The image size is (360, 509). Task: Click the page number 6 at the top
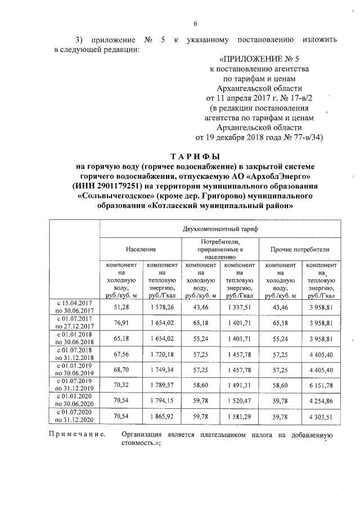coord(195,24)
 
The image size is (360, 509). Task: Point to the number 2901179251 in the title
coord(130,186)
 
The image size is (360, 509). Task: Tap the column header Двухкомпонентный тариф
coord(220,229)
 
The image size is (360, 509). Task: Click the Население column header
coord(141,248)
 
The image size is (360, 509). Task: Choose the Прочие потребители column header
coord(300,248)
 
